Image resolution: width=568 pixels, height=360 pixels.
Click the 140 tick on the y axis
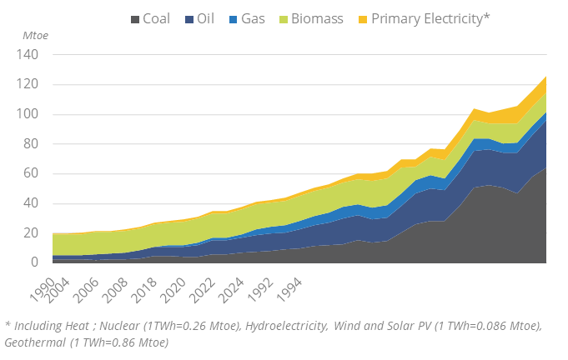(x=28, y=55)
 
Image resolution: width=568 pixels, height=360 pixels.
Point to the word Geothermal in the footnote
(x=37, y=342)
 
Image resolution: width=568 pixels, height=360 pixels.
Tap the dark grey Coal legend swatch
(x=134, y=18)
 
